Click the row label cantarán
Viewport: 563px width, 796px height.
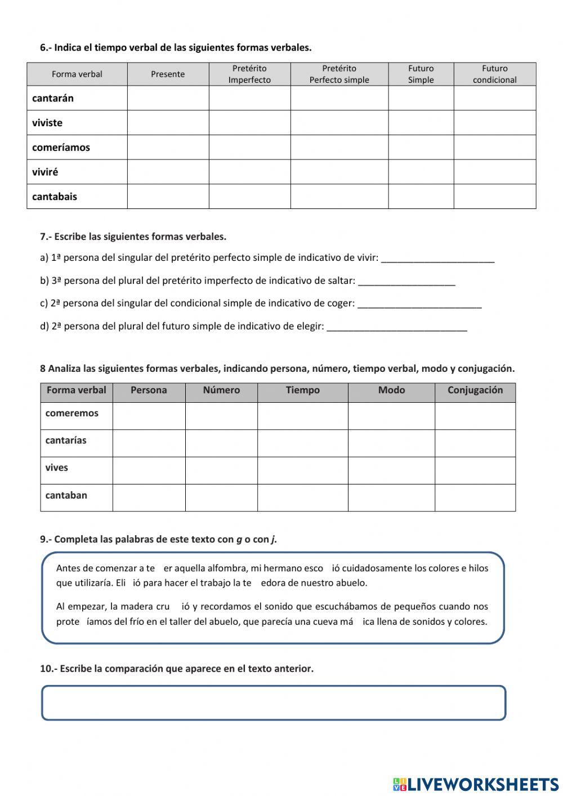(53, 98)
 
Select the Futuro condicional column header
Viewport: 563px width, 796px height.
(494, 74)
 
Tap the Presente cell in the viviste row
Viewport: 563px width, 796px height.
(168, 123)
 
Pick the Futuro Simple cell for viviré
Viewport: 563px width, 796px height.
(421, 172)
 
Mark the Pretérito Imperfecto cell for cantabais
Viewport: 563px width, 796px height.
(249, 197)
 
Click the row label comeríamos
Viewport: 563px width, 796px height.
(61, 148)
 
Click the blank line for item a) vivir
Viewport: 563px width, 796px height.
(437, 259)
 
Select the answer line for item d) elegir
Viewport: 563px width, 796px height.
(396, 327)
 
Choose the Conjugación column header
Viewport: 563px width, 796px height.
(475, 390)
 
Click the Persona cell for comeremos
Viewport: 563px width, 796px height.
(149, 416)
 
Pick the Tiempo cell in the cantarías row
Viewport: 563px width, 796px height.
(302, 443)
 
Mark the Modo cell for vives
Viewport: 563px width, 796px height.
(391, 470)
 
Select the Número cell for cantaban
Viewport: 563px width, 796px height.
(221, 497)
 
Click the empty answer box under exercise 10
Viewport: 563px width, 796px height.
(274, 702)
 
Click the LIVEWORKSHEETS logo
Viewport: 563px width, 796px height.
(475, 784)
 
